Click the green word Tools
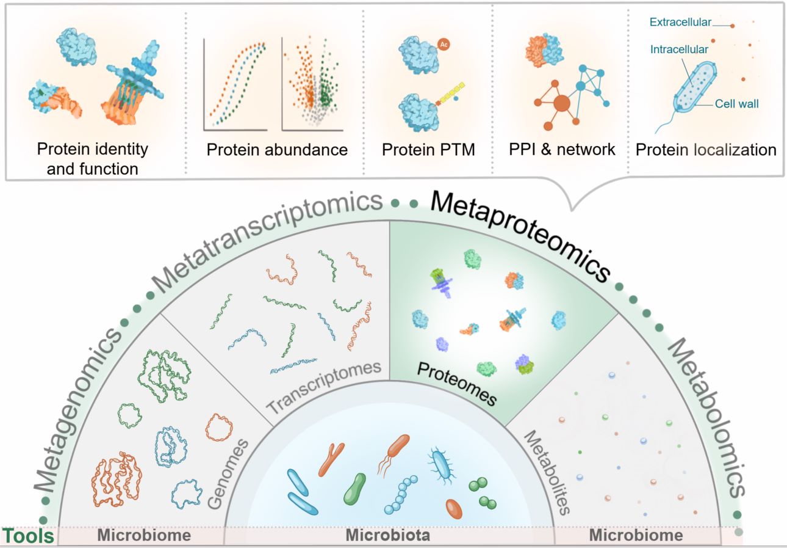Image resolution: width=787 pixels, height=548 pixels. (x=28, y=536)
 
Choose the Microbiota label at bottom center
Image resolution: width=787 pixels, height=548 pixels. (x=388, y=535)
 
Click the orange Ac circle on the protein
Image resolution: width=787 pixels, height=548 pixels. (x=444, y=45)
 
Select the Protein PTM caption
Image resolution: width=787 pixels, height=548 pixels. (x=428, y=150)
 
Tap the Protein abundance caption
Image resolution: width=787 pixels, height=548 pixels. (x=277, y=150)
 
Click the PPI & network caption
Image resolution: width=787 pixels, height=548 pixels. (x=562, y=150)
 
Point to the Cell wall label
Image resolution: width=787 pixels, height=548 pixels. (x=737, y=104)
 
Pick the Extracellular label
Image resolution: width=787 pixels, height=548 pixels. (x=680, y=22)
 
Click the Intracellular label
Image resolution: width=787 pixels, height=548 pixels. (x=679, y=49)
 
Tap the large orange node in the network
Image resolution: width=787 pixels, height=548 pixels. (x=561, y=103)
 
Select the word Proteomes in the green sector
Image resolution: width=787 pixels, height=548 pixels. (x=457, y=384)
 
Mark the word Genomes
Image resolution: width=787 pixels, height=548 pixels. (x=228, y=474)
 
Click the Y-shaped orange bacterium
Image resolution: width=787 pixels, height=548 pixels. (x=331, y=459)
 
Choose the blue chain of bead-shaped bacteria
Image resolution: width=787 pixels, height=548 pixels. (x=401, y=495)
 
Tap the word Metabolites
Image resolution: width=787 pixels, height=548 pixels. (x=547, y=473)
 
